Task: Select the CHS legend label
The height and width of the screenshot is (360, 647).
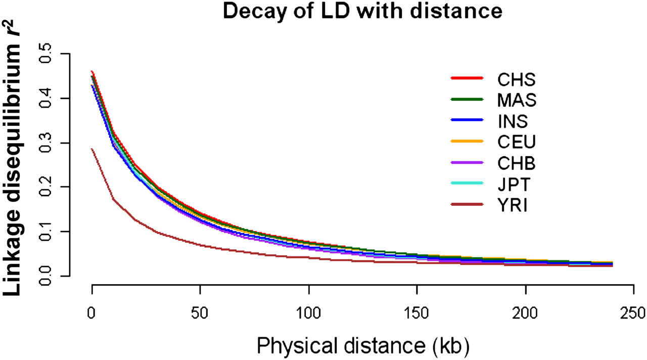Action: [516, 79]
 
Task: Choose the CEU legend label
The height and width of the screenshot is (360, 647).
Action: [516, 143]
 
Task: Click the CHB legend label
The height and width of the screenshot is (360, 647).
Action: [516, 164]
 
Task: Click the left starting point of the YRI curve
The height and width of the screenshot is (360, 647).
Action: [93, 149]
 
